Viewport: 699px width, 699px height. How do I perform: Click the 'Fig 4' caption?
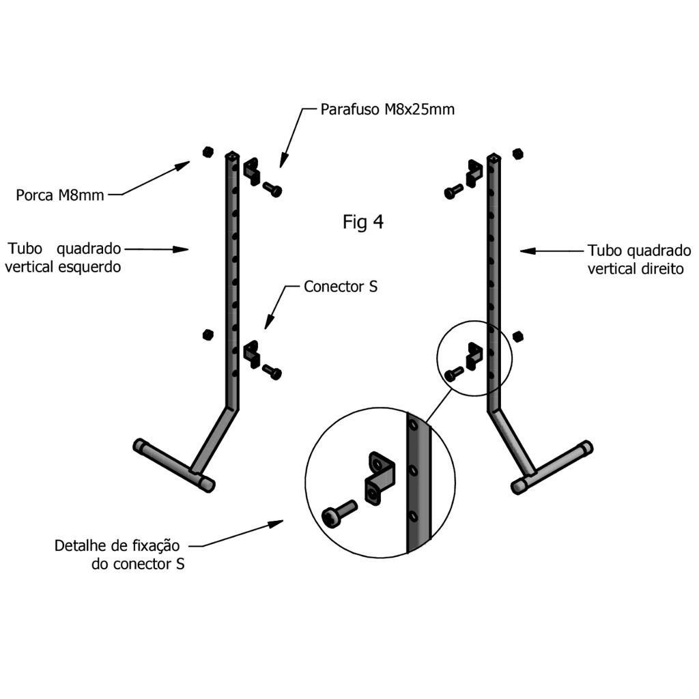[362, 222]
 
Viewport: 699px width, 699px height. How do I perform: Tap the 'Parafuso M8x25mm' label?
[387, 109]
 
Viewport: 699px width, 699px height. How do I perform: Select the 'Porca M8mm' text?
[60, 196]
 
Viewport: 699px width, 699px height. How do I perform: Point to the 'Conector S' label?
[341, 287]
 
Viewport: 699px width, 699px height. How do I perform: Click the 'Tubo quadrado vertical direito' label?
[639, 259]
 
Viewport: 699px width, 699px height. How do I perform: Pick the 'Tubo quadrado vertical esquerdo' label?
[63, 257]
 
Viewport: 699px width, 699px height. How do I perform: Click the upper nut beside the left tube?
[208, 152]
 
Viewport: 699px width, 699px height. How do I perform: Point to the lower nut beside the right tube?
[517, 336]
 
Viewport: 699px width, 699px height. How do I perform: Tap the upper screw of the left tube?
[272, 189]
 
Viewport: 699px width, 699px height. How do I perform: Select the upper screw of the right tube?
[453, 192]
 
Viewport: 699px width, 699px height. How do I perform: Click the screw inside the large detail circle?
[337, 514]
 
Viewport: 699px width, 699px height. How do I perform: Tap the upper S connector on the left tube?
[253, 171]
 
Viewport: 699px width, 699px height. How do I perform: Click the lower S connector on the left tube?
[252, 354]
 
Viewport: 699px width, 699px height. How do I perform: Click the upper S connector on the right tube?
[474, 172]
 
